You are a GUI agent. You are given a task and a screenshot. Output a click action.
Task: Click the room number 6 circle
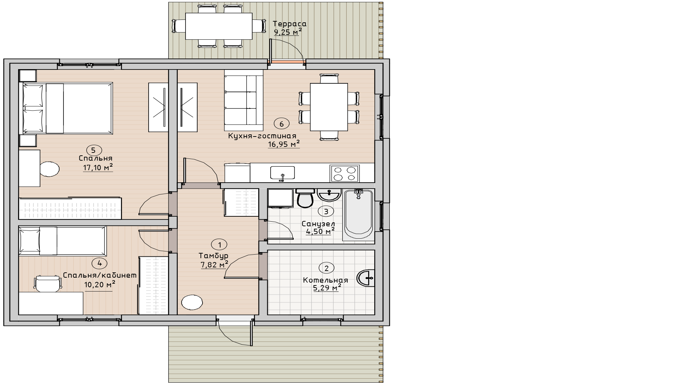(x=282, y=124)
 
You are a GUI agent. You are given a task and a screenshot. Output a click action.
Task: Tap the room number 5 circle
(x=93, y=150)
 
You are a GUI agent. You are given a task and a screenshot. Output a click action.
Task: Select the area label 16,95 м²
(x=284, y=144)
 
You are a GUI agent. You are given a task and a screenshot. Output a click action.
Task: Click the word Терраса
(x=289, y=24)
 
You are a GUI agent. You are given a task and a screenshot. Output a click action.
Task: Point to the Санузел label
(x=318, y=224)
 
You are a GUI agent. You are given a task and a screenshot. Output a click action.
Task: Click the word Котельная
(x=325, y=280)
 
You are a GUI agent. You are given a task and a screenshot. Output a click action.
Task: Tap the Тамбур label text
(x=214, y=256)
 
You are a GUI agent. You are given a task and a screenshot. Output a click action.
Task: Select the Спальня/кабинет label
(x=100, y=275)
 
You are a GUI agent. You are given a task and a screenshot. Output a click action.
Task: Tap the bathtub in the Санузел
(x=359, y=215)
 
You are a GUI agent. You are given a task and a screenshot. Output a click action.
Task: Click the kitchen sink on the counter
(x=282, y=173)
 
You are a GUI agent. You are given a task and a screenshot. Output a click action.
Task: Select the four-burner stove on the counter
(x=344, y=173)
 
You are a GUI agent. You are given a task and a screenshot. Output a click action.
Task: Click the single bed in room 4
(x=63, y=241)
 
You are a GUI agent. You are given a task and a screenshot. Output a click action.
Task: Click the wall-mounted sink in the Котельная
(x=366, y=278)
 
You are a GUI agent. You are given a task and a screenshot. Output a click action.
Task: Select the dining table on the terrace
(x=219, y=26)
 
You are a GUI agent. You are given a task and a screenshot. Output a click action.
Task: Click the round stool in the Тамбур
(x=192, y=303)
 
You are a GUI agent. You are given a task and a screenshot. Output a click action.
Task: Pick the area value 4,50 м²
(x=320, y=232)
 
